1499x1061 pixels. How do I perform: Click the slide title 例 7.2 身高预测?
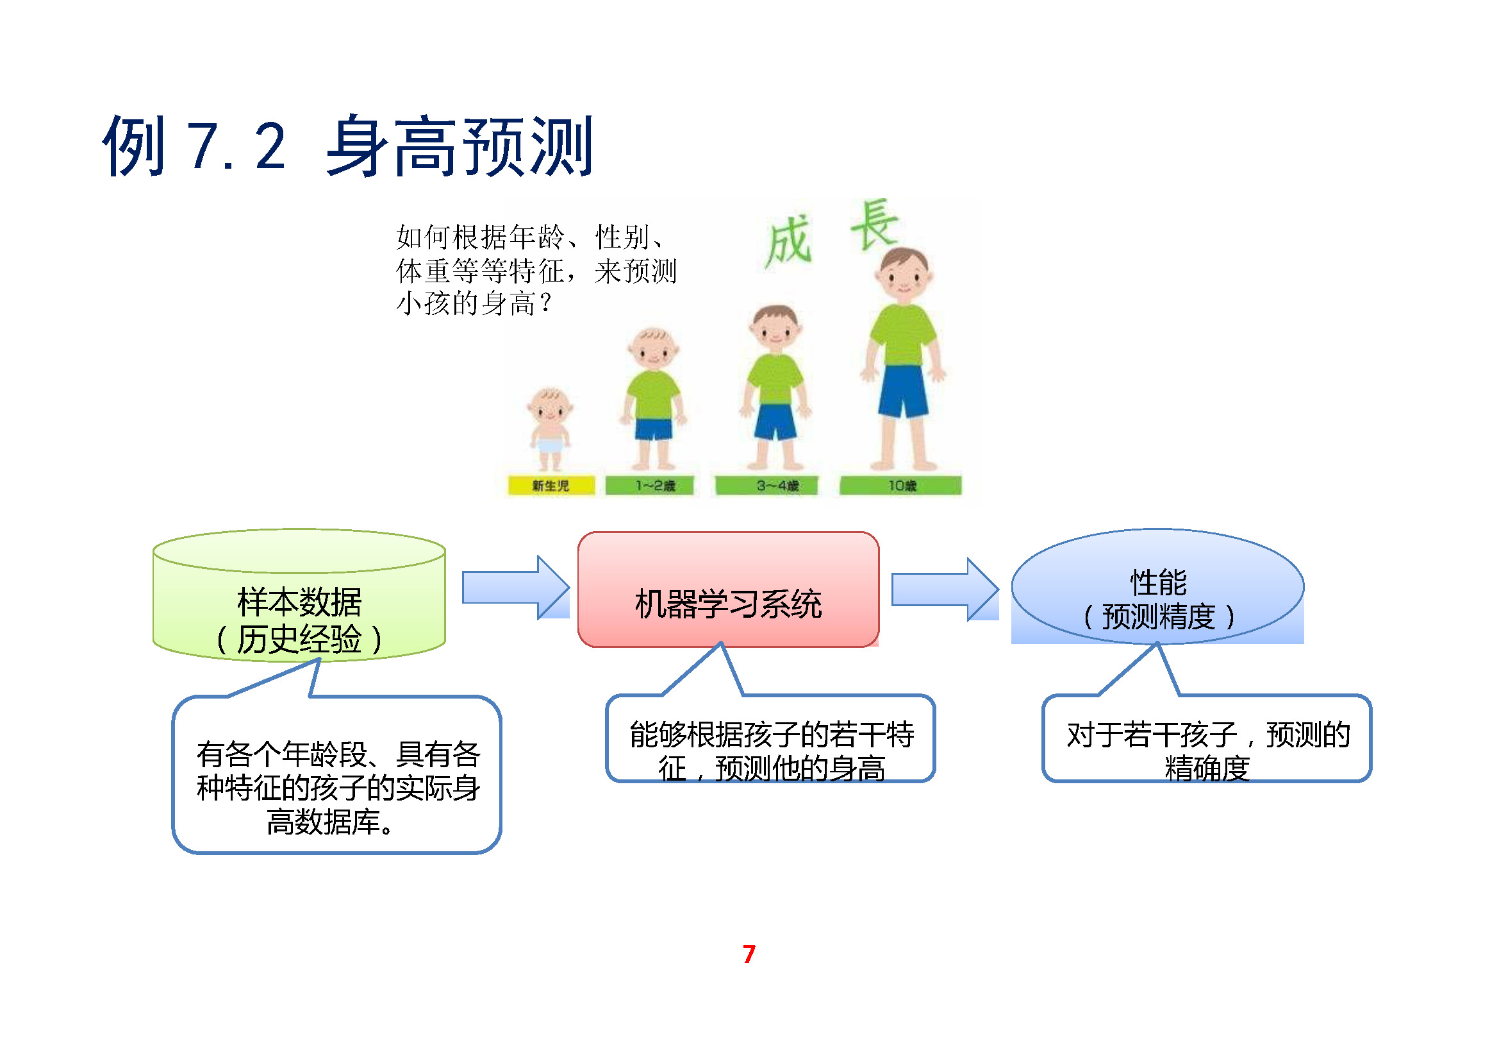pyautogui.click(x=347, y=146)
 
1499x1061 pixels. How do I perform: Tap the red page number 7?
pyautogui.click(x=749, y=955)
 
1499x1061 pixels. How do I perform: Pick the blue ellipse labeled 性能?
pyautogui.click(x=1157, y=588)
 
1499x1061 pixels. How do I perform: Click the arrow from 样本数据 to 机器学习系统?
pyautogui.click(x=515, y=588)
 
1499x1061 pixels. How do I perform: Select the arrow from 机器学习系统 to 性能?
pyautogui.click(x=944, y=589)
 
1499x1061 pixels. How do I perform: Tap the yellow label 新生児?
pyautogui.click(x=551, y=486)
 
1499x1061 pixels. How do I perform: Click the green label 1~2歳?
pyautogui.click(x=650, y=486)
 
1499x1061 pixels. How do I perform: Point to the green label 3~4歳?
pyautogui.click(x=766, y=486)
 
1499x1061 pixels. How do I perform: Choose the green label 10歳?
pyautogui.click(x=900, y=486)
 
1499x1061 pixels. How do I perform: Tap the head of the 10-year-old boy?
pyautogui.click(x=904, y=275)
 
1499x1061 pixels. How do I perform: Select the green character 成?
pyautogui.click(x=788, y=242)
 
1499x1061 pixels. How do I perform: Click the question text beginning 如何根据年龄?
pyautogui.click(x=535, y=270)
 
